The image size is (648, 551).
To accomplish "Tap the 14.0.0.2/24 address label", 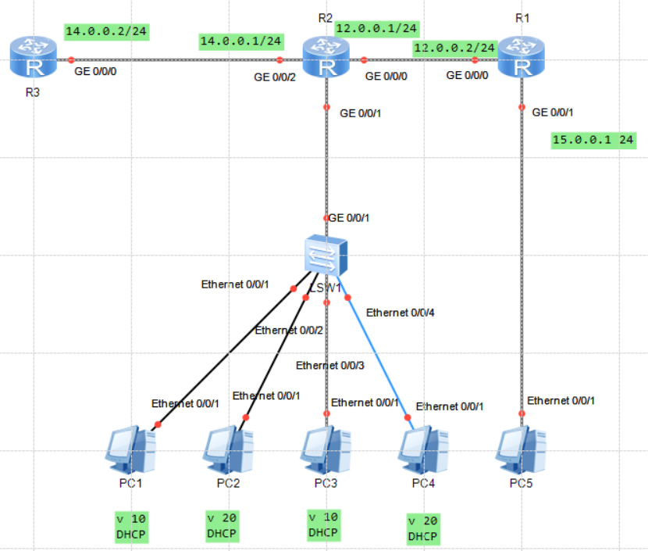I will tap(106, 32).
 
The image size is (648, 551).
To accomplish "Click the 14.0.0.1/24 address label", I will tap(241, 41).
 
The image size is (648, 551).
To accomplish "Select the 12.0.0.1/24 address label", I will tap(376, 29).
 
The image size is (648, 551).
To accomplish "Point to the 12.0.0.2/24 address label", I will tap(454, 48).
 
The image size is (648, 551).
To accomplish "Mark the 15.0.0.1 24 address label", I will tap(593, 141).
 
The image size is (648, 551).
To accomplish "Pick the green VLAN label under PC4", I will tap(422, 528).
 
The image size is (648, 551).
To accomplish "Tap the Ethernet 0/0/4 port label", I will tap(401, 313).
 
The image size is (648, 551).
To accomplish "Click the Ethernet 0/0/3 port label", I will tap(329, 365).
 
